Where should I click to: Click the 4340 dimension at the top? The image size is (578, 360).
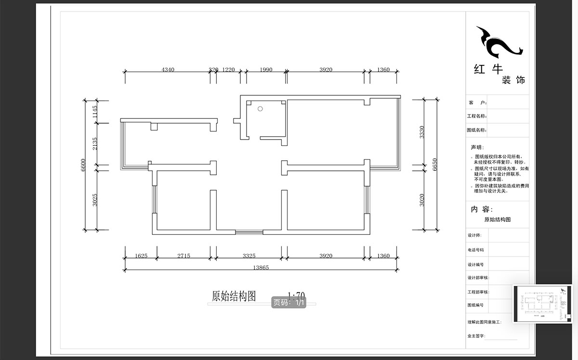[x=168, y=70]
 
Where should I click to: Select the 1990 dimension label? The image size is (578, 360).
[x=266, y=70]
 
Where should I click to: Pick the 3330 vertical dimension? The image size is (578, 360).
[x=422, y=132]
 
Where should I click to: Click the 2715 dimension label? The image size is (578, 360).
[x=184, y=256]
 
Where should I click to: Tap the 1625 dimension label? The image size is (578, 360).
[x=141, y=256]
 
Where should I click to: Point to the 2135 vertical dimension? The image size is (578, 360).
[x=95, y=143]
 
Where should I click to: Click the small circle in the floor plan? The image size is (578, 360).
[x=260, y=109]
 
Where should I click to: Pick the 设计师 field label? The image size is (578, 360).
[x=474, y=235]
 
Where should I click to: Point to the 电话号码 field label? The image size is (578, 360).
[x=475, y=250]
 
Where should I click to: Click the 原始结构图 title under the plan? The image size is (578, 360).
[x=234, y=296]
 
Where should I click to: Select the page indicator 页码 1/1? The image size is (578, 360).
[x=289, y=303]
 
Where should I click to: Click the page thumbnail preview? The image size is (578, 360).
[x=542, y=303]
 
